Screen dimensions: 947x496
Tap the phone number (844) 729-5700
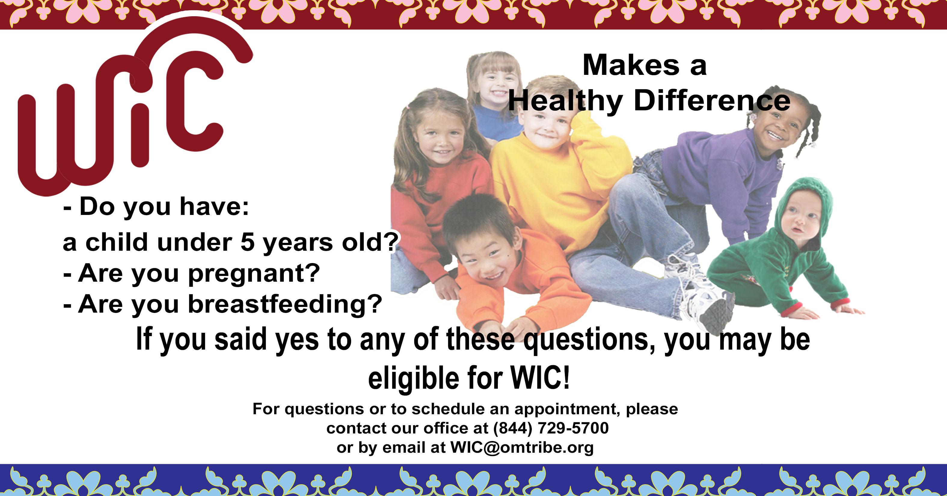(551, 428)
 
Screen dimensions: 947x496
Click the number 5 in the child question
(247, 242)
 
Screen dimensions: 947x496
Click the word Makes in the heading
(631, 65)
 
